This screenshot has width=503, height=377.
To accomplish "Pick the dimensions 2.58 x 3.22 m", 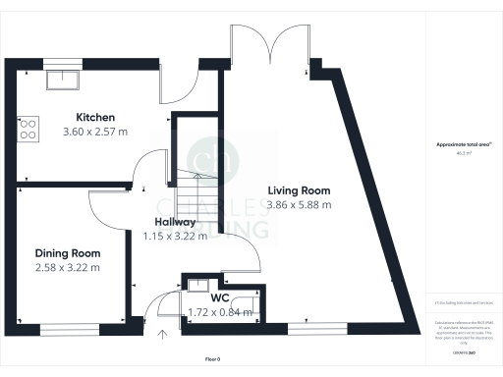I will (68, 267).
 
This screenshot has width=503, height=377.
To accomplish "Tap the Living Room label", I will (299, 190).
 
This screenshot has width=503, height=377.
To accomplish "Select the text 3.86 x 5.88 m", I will (299, 205).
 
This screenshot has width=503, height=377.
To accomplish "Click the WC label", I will (220, 298).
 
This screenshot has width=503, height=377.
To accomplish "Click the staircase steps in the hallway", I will (196, 181).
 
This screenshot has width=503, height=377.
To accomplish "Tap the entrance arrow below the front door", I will (162, 335).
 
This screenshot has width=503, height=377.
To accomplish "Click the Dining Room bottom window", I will (69, 326).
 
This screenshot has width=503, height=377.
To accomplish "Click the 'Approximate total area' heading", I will (464, 145).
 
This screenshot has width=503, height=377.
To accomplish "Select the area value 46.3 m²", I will (464, 153).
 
